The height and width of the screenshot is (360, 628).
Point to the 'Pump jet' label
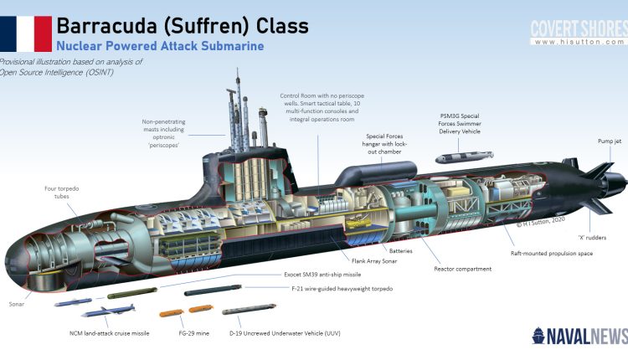point(609,141)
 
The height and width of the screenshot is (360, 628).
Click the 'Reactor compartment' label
point(462,269)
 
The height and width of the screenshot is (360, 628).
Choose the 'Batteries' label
point(400,250)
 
